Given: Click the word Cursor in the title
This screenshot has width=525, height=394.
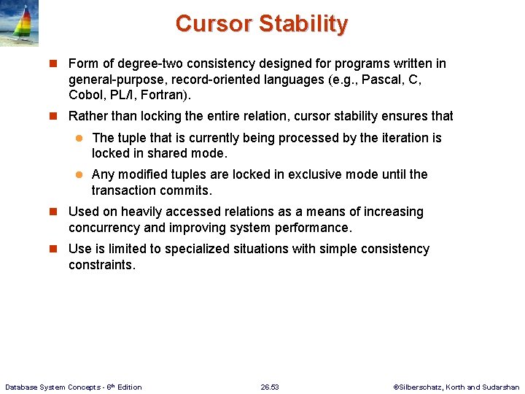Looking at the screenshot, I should pos(214,23).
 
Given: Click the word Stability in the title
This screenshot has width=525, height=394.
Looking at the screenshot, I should pos(303,23).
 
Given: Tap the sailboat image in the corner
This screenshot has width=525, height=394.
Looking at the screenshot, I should pos(19,23).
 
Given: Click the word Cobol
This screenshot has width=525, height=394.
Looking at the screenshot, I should pos(85,96).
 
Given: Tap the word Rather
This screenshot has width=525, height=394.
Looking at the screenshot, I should pos(87,116).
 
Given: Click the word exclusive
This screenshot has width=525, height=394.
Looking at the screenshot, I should pos(320,174).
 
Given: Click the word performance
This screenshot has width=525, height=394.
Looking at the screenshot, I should pos(311,228).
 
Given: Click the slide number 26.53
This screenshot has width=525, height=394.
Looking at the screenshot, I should pos(270,387).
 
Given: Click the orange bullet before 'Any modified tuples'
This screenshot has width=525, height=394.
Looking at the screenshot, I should pos(82,175).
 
